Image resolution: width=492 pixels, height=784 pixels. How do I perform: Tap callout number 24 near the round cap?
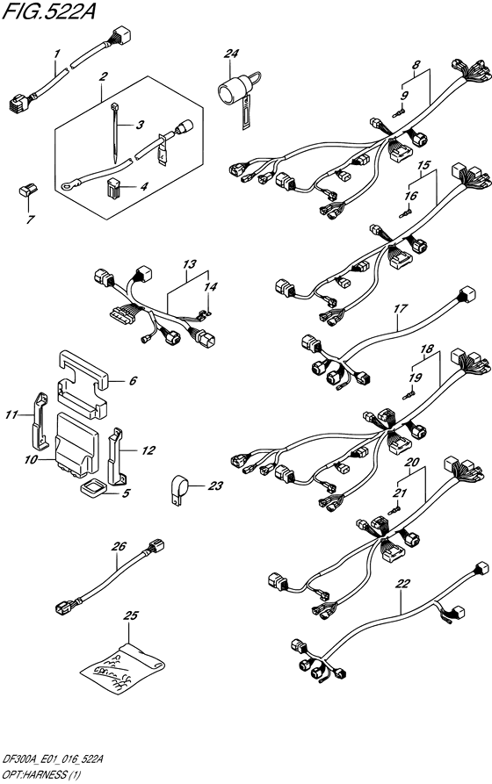231,54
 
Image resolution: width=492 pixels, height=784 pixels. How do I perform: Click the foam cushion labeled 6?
83,380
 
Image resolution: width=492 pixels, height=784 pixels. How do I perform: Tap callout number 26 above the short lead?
119,546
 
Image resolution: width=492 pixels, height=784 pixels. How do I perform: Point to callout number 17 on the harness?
401,309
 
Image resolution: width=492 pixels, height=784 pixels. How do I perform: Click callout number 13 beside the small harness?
187,264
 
